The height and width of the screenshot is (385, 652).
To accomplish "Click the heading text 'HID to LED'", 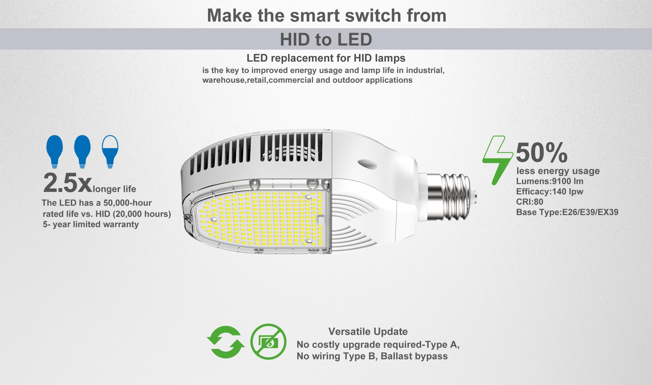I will [x=326, y=39].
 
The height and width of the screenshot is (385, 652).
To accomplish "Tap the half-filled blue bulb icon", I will [x=110, y=151].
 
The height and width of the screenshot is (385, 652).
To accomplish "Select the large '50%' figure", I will [x=541, y=153].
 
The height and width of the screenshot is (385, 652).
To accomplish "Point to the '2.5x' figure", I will [x=68, y=183].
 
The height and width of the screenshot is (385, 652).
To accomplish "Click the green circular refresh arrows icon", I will [x=226, y=342].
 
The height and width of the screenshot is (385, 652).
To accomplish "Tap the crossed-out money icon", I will [x=268, y=342].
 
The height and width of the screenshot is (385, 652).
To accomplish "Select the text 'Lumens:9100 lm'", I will [x=549, y=181].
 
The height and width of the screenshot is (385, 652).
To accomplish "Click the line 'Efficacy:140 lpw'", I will [x=549, y=192].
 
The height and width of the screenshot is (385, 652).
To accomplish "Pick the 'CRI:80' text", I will [x=530, y=202].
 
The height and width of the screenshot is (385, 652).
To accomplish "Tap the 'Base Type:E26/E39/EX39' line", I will [x=567, y=212].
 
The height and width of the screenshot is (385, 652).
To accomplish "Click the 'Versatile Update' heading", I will [x=368, y=331].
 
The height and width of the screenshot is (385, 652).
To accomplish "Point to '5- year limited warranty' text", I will [x=91, y=224].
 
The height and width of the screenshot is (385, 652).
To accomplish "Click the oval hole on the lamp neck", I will [x=367, y=163].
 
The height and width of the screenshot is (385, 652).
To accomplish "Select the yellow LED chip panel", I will [x=264, y=219].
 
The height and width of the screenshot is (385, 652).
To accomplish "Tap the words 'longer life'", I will [x=114, y=189].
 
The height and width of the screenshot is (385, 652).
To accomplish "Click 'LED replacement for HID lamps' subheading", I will [x=326, y=58].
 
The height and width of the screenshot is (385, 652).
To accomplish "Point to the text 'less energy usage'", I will [x=558, y=171].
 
